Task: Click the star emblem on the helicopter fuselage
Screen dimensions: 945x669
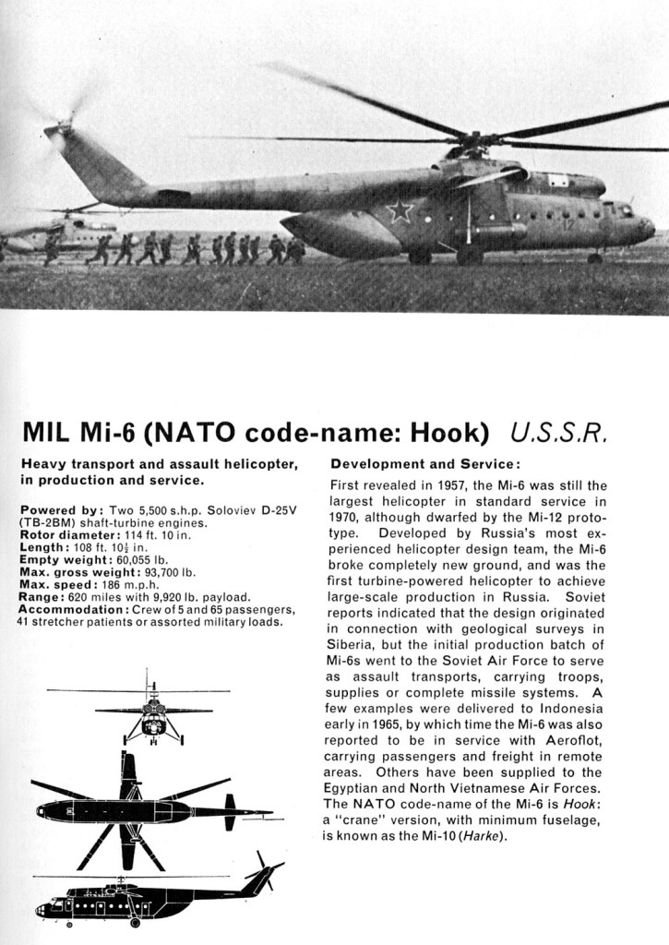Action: coord(399,211)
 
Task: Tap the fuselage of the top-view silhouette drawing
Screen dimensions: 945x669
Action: coord(111,811)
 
